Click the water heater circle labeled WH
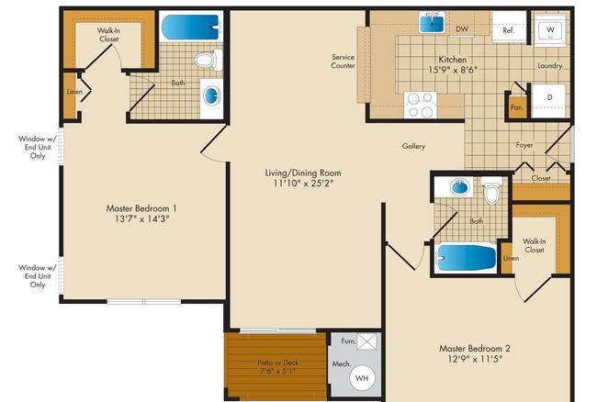coord(362,377)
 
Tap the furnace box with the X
coord(366,341)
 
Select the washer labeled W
coord(550,29)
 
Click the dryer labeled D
coord(548,101)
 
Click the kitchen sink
coord(433,22)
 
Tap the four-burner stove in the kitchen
coord(421,105)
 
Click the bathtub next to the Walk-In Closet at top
coord(191,27)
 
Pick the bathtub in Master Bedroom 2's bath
coord(466,258)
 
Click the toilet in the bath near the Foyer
coord(492,190)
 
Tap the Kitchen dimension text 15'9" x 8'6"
coord(453,70)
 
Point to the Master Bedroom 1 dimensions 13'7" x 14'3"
coord(141,218)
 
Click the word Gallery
coord(414,146)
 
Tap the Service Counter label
coord(344,61)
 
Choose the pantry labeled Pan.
coord(517,107)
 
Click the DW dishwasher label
coord(462,28)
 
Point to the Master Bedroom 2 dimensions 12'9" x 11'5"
coord(475,359)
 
